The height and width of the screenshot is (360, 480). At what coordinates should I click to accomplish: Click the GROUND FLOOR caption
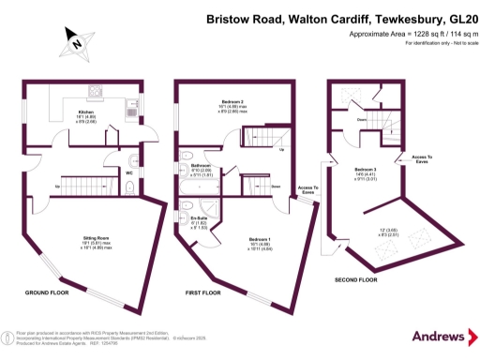pyautogui.click(x=46, y=292)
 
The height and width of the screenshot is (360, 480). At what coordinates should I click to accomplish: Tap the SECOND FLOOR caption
pyautogui.click(x=355, y=279)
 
